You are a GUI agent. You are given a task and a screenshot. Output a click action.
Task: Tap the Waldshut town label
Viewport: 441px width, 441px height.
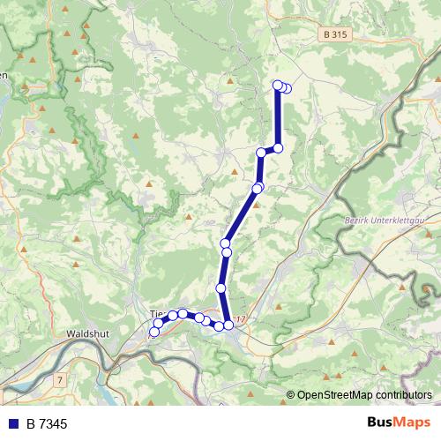86,334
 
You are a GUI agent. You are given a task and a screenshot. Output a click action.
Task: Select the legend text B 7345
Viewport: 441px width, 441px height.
47,424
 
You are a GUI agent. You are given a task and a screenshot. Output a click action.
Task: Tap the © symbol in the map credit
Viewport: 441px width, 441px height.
290,395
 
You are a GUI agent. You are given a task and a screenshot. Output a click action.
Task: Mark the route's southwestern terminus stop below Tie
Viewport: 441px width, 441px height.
154,332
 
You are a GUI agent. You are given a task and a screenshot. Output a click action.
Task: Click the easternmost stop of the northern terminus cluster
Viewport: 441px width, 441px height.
287,87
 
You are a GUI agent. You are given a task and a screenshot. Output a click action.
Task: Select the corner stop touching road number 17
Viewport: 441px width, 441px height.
228,325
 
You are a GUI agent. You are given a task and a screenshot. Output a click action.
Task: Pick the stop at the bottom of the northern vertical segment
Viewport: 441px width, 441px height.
278,148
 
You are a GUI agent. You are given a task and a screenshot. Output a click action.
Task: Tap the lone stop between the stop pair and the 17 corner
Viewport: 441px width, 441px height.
220,288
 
